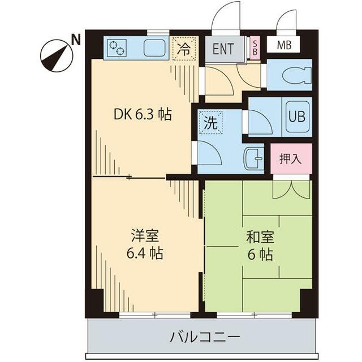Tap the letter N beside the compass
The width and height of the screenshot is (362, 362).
(x=75, y=39)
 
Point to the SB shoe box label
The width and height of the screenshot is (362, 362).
(x=255, y=48)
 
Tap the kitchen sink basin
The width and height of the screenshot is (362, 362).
(x=153, y=48)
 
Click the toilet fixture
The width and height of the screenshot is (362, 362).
(x=294, y=75)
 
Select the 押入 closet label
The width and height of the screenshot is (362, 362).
(x=291, y=159)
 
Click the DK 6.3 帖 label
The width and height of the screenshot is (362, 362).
(x=143, y=114)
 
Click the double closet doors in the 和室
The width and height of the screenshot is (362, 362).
(x=291, y=189)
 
